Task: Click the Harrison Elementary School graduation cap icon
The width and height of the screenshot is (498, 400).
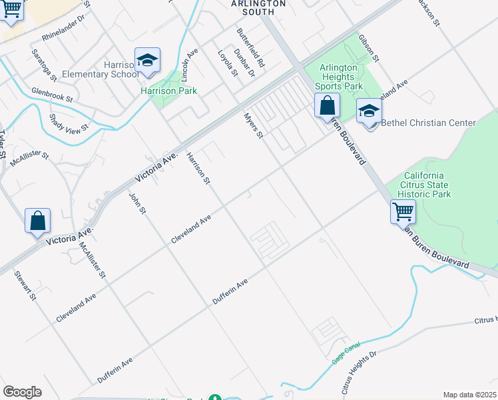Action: (x=147, y=61)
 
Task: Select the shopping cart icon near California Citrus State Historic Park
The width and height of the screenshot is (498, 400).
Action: (x=403, y=212)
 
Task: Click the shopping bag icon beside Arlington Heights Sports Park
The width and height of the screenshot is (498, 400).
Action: (x=327, y=106)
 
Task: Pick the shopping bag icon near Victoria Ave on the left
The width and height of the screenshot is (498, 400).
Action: (x=38, y=221)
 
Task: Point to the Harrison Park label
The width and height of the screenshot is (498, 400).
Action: (x=168, y=91)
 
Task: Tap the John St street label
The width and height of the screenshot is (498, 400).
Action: (x=137, y=203)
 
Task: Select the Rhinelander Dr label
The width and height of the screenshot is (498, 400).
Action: (x=64, y=27)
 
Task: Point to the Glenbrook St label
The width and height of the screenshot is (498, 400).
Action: (x=51, y=94)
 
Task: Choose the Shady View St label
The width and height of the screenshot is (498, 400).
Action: (x=69, y=123)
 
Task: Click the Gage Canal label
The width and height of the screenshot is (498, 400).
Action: (x=345, y=353)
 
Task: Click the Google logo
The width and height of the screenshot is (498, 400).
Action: (x=22, y=391)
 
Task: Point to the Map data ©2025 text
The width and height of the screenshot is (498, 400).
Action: (x=469, y=395)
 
